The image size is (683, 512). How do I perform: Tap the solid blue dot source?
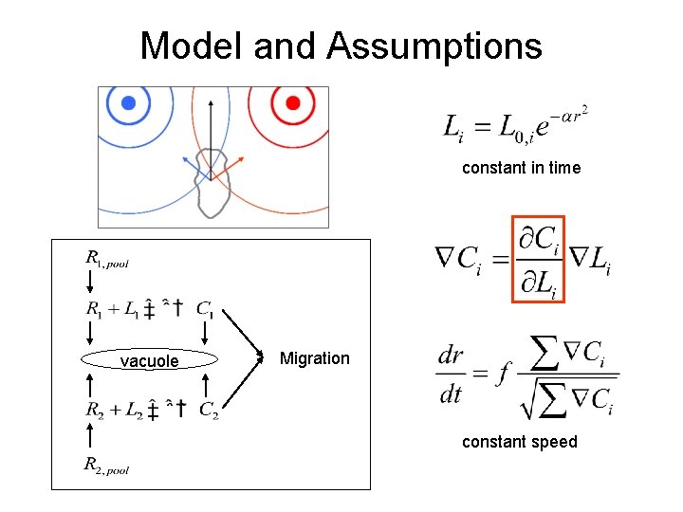[x=124, y=102]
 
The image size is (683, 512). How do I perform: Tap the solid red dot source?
[x=293, y=102]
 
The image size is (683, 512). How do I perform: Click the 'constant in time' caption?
[x=521, y=168]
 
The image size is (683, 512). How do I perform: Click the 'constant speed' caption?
[x=519, y=442]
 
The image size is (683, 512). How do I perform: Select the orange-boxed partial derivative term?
[x=538, y=259]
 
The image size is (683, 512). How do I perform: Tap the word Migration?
[x=315, y=358]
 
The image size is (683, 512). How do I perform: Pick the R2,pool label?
[x=105, y=464]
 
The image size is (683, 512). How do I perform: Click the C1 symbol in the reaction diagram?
[x=205, y=307]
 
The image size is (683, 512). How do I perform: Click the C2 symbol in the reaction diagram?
[x=209, y=411]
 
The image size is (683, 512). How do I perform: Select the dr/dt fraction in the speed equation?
[x=452, y=375]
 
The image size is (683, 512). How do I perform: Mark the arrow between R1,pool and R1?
[x=90, y=282]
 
